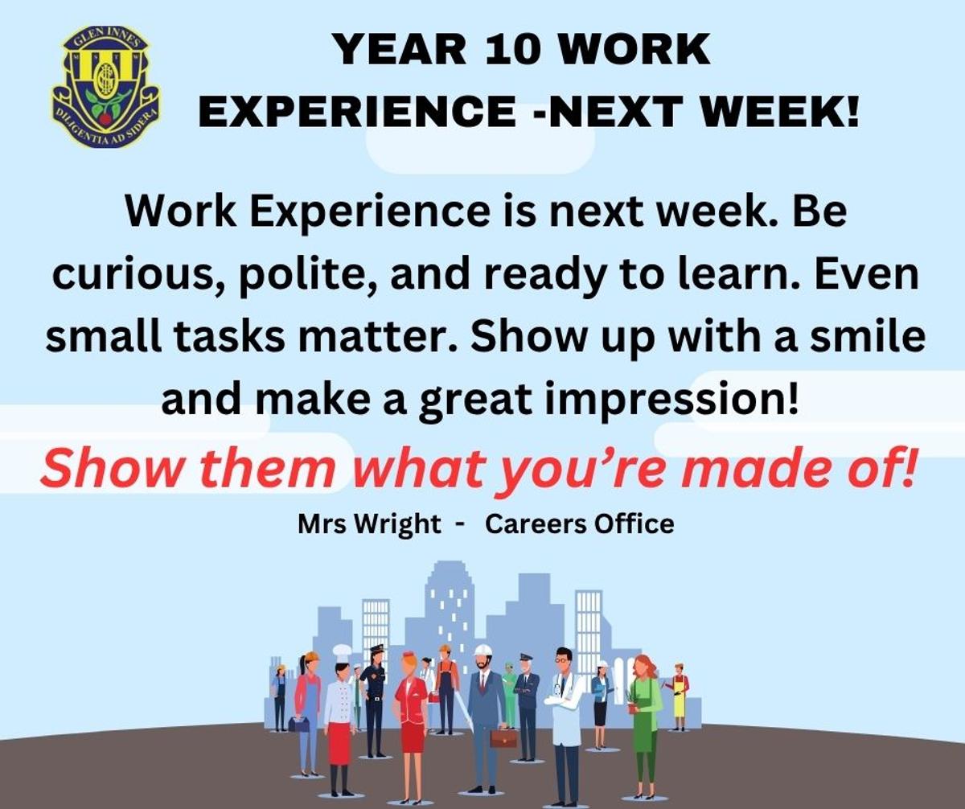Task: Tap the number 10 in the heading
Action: click(512, 50)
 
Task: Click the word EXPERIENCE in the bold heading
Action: click(356, 112)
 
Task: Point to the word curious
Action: click(139, 277)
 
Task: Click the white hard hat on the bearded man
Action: click(482, 651)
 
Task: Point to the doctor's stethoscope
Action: click(561, 684)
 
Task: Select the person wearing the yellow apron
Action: click(678, 695)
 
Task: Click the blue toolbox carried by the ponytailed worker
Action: click(295, 724)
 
